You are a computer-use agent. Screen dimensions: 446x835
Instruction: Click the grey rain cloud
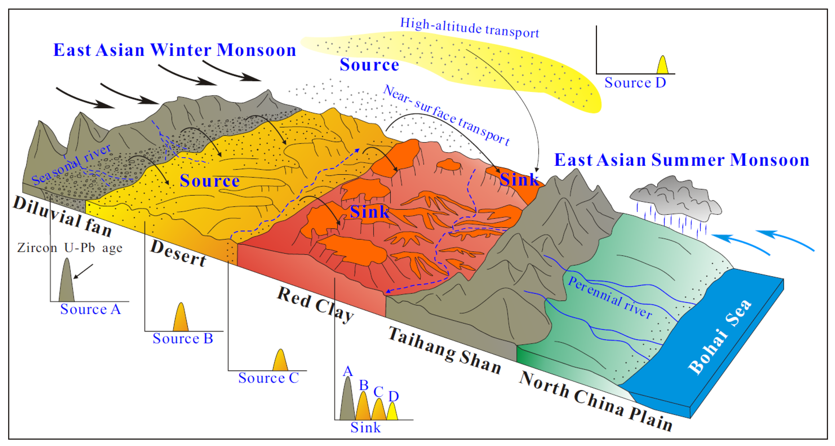[x=676, y=198]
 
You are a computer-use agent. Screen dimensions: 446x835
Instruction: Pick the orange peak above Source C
[x=280, y=361]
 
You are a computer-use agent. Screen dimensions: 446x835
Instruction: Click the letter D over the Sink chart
[x=393, y=396]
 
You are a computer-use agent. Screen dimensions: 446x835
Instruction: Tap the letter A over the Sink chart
[x=348, y=371]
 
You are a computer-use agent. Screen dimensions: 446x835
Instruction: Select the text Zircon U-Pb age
[x=70, y=248]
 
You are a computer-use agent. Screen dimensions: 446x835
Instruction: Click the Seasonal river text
[x=71, y=164]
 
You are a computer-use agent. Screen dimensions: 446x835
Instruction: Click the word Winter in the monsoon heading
[x=181, y=50]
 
